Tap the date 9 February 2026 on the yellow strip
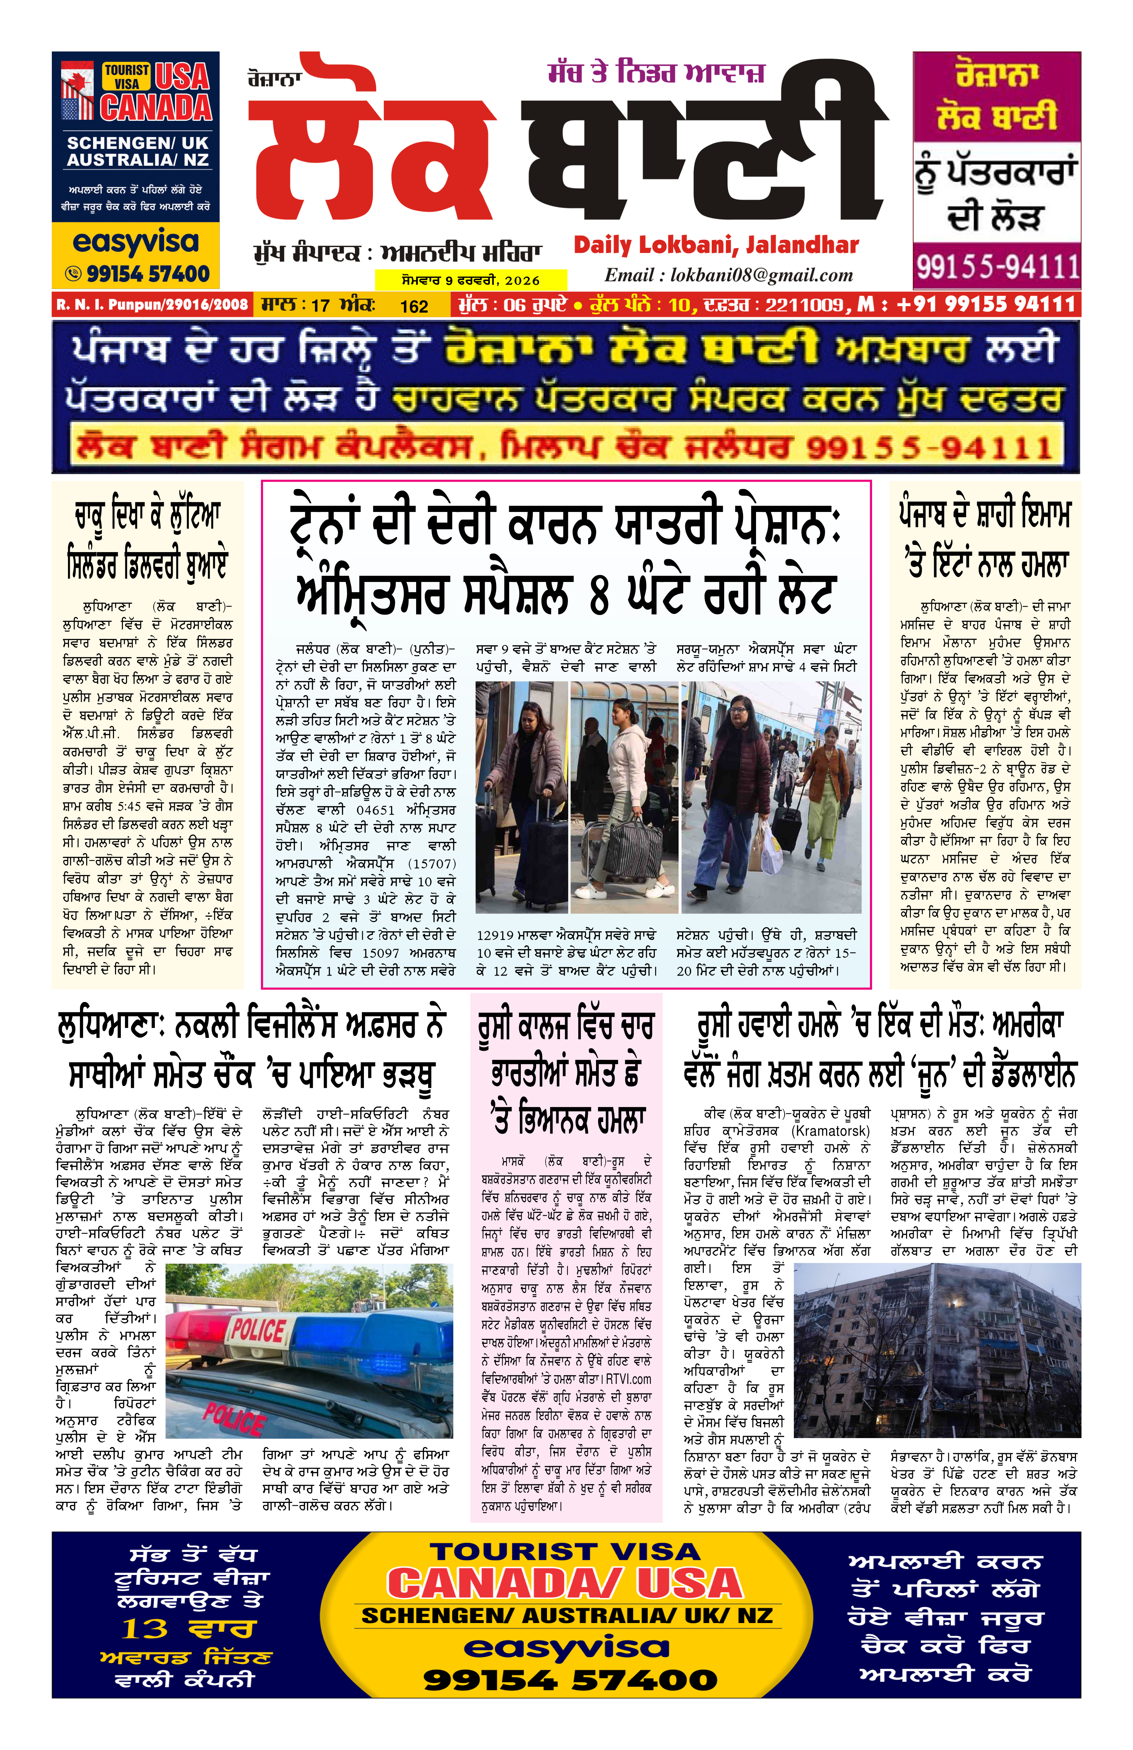pyautogui.click(x=471, y=280)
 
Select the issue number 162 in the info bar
pyautogui.click(x=414, y=306)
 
